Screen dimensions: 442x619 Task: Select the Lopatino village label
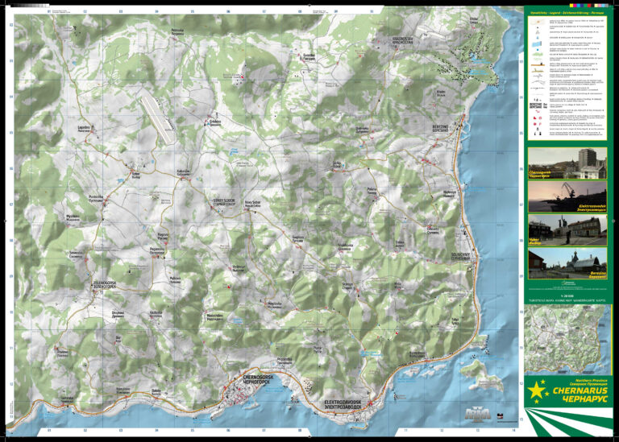(83, 128)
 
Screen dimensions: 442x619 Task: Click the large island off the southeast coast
(476, 370)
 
